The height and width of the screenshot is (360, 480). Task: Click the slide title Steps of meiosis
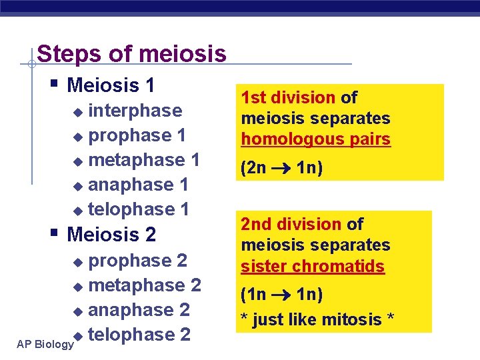pos(131,54)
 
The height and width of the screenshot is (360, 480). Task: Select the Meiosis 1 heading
pos(111,85)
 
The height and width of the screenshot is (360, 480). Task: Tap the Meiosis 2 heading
pos(112,235)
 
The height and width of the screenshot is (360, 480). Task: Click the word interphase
pos(135,111)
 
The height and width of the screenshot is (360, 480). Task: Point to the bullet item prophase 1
pos(137,135)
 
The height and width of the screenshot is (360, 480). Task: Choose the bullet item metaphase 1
pos(144,160)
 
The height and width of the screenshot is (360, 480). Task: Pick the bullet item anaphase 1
pos(138,185)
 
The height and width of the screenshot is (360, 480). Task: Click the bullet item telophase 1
pos(139,209)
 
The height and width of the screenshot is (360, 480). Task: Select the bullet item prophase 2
pos(137,260)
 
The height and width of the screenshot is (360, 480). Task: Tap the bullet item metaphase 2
pos(145,285)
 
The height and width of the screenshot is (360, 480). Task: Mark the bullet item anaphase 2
pos(139,310)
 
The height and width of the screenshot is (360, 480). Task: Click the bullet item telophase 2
pos(139,335)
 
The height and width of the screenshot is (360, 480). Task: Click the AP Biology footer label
pos(45,345)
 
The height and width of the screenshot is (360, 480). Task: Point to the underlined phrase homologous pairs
pos(315,140)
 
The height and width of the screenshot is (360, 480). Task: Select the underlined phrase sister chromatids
pos(313,267)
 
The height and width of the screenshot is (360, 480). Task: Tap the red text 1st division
pos(289,98)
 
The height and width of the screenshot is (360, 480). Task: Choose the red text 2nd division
pos(291,225)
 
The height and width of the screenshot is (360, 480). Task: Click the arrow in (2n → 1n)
pos(281,169)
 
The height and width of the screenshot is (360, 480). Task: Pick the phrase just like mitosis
pos(317,320)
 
